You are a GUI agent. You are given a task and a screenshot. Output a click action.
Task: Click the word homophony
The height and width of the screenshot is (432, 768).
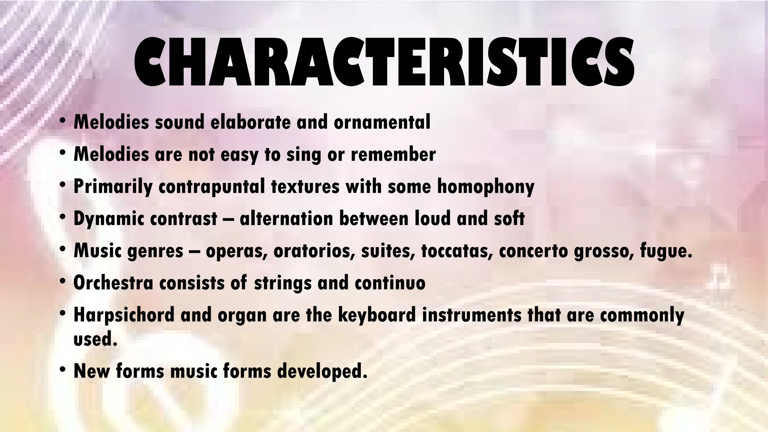486,186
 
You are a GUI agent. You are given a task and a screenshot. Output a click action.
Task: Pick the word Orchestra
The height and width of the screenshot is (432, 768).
113,283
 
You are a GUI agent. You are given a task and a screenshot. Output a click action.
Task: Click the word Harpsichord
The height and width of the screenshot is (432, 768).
124,315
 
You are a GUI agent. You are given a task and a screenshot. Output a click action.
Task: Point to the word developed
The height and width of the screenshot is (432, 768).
322,371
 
